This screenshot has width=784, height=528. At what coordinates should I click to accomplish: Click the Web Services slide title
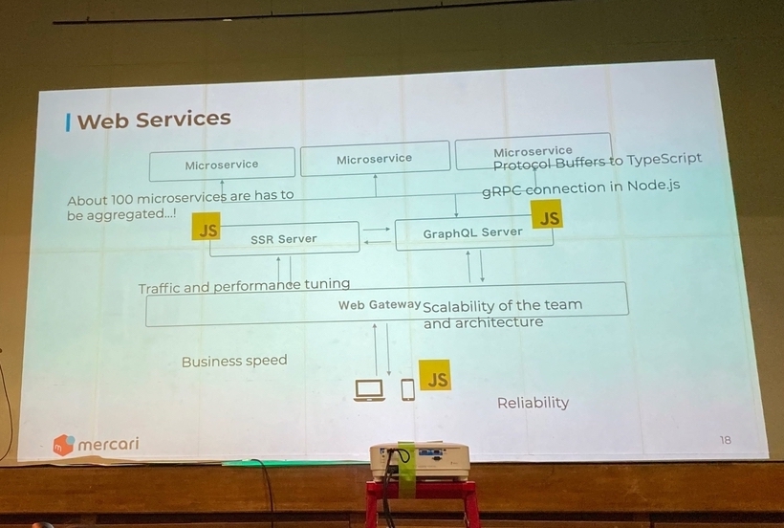pyautogui.click(x=154, y=120)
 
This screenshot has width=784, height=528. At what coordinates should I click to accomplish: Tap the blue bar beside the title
pyautogui.click(x=68, y=123)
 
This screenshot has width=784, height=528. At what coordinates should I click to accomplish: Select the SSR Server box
pyautogui.click(x=284, y=239)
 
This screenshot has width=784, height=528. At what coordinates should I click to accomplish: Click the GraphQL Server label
pyautogui.click(x=472, y=233)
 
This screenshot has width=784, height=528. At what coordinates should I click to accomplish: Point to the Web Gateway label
pyautogui.click(x=380, y=305)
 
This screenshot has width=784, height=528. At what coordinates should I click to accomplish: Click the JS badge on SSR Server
pyautogui.click(x=206, y=227)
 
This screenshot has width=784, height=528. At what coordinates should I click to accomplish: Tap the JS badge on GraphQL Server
pyautogui.click(x=547, y=214)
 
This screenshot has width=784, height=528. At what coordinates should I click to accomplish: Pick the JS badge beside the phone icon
pyautogui.click(x=434, y=375)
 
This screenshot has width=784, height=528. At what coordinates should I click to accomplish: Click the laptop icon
pyautogui.click(x=369, y=390)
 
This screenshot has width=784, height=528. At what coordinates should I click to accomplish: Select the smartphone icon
pyautogui.click(x=408, y=389)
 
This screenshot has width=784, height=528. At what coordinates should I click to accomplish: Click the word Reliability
pyautogui.click(x=533, y=403)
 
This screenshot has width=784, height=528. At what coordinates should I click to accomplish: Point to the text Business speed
pyautogui.click(x=234, y=361)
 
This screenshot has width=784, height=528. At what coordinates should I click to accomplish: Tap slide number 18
pyautogui.click(x=725, y=440)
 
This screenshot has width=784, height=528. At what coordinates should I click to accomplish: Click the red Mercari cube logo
pyautogui.click(x=63, y=445)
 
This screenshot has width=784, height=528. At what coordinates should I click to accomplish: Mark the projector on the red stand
pyautogui.click(x=420, y=461)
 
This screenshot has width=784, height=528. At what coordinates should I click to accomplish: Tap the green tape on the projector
pyautogui.click(x=406, y=466)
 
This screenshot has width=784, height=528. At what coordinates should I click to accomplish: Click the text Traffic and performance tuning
pyautogui.click(x=244, y=286)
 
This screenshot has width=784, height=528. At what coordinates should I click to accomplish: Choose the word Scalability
pyautogui.click(x=459, y=306)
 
